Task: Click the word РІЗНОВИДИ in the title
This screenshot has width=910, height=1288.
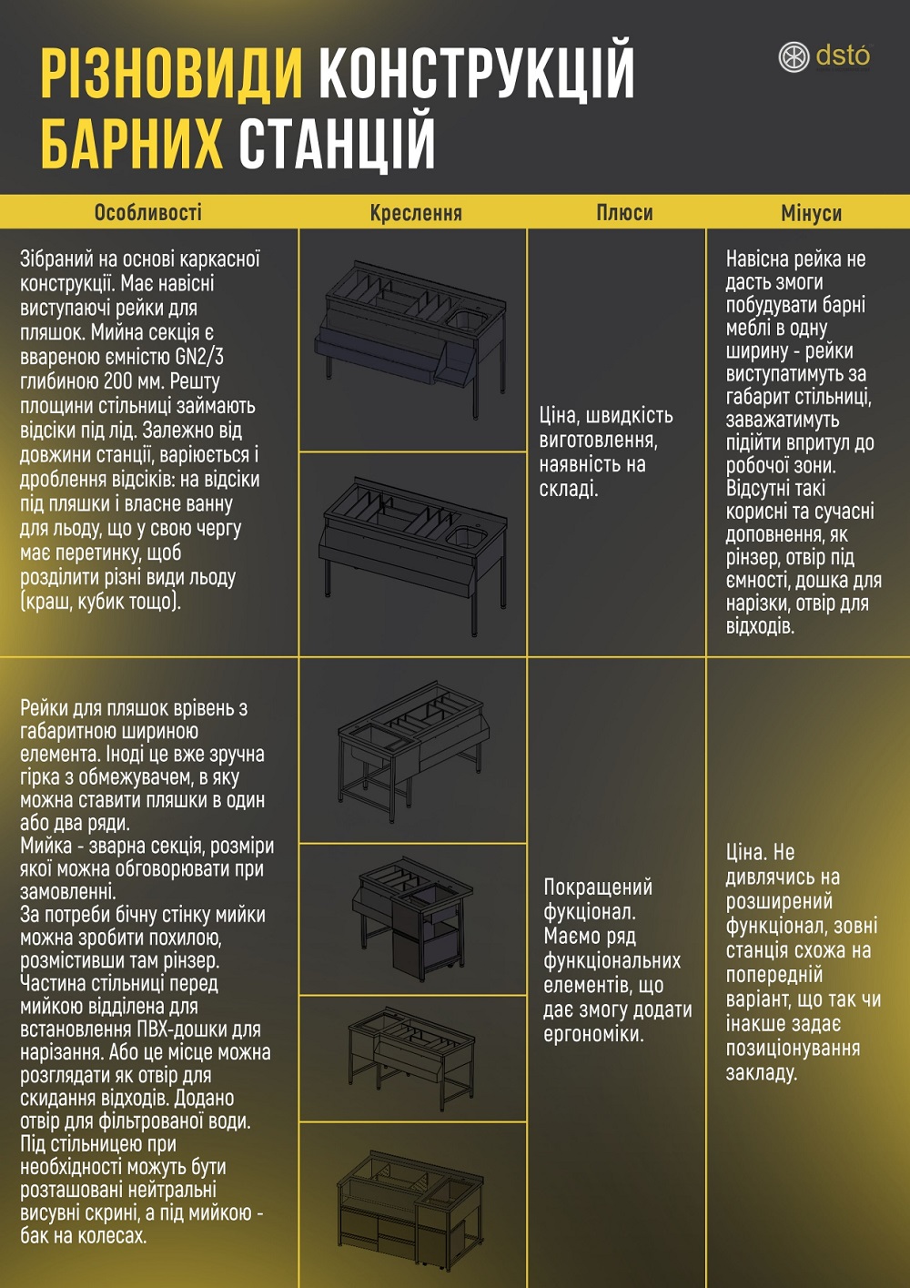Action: point(171,74)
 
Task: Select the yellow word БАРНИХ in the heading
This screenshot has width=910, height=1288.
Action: point(132,143)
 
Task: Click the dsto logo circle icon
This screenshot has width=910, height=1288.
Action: point(794,57)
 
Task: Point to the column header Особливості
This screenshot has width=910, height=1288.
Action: point(148,213)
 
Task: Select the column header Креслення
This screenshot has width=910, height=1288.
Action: point(416,213)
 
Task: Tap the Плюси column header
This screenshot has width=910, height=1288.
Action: point(624,213)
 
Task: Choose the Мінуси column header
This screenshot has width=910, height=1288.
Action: point(811,213)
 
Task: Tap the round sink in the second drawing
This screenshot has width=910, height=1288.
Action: point(466,536)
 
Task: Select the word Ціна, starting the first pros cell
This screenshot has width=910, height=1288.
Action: point(560,415)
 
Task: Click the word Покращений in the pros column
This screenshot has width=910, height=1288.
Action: point(598,887)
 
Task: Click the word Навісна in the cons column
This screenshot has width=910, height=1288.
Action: point(756,259)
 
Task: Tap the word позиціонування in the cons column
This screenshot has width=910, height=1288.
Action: point(793,1049)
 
